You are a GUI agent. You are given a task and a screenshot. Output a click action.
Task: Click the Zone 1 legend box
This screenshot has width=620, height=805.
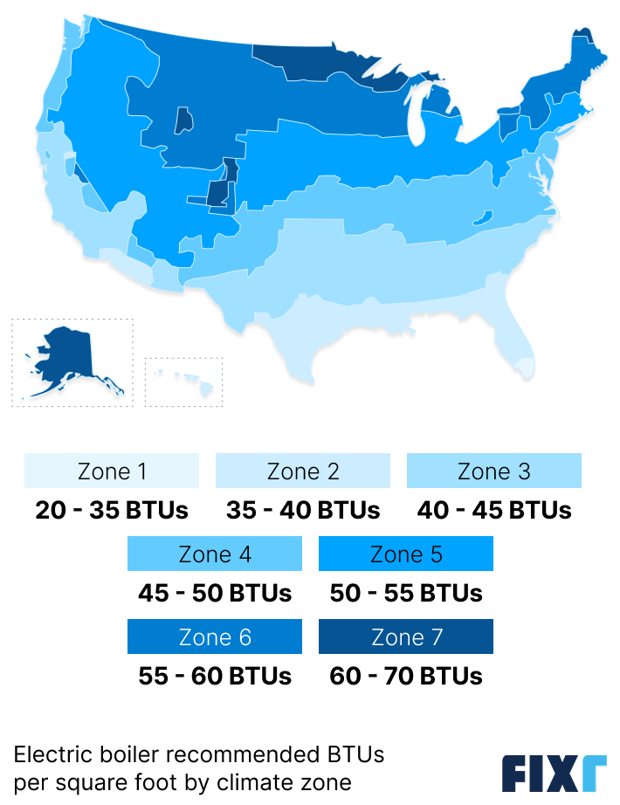coord(112,471)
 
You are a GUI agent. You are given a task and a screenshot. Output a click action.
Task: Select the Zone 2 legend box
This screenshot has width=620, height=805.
coord(303,471)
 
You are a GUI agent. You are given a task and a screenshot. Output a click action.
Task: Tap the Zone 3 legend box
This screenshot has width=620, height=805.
coord(493,471)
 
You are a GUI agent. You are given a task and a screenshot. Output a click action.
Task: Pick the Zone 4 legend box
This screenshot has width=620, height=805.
coord(215,554)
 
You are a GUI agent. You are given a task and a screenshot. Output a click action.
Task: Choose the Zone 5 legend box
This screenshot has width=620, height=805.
coord(406,554)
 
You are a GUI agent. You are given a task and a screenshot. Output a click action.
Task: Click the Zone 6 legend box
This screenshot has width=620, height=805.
coord(215,637)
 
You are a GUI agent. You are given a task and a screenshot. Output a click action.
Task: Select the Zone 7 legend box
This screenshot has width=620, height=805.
coord(406,637)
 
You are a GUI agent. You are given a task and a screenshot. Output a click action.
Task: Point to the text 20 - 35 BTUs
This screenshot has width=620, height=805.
coord(112,510)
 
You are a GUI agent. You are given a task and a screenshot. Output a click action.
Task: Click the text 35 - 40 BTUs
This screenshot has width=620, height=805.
coord(303,510)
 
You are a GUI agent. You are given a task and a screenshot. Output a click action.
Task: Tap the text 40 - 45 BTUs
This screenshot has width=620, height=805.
coord(494,510)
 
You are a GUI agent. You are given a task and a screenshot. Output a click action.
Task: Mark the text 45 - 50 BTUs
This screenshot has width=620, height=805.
coord(215,593)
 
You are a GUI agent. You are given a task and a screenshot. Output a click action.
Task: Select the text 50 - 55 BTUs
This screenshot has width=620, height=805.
coord(406,593)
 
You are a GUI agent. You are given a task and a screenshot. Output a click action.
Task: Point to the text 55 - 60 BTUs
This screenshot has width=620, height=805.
coord(215,676)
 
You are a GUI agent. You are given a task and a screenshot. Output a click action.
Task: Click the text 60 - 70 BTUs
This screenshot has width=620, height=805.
coord(406,676)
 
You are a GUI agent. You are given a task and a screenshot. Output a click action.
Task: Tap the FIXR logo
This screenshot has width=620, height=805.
coord(554,773)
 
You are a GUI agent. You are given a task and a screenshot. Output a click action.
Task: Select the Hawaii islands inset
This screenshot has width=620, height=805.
coord(184,382)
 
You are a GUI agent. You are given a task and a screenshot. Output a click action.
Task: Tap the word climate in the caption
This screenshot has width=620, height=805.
coord(272,781)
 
